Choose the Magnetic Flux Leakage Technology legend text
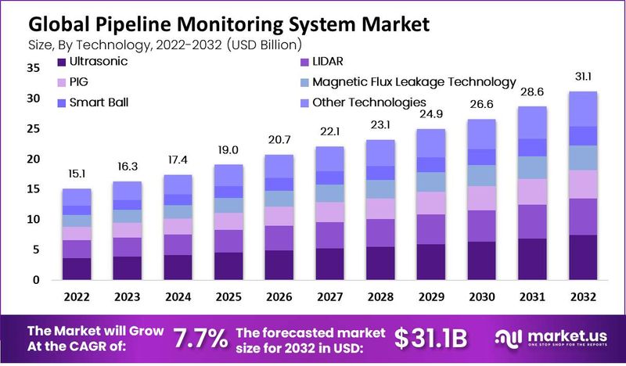click(414, 81)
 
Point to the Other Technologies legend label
click(369, 102)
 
